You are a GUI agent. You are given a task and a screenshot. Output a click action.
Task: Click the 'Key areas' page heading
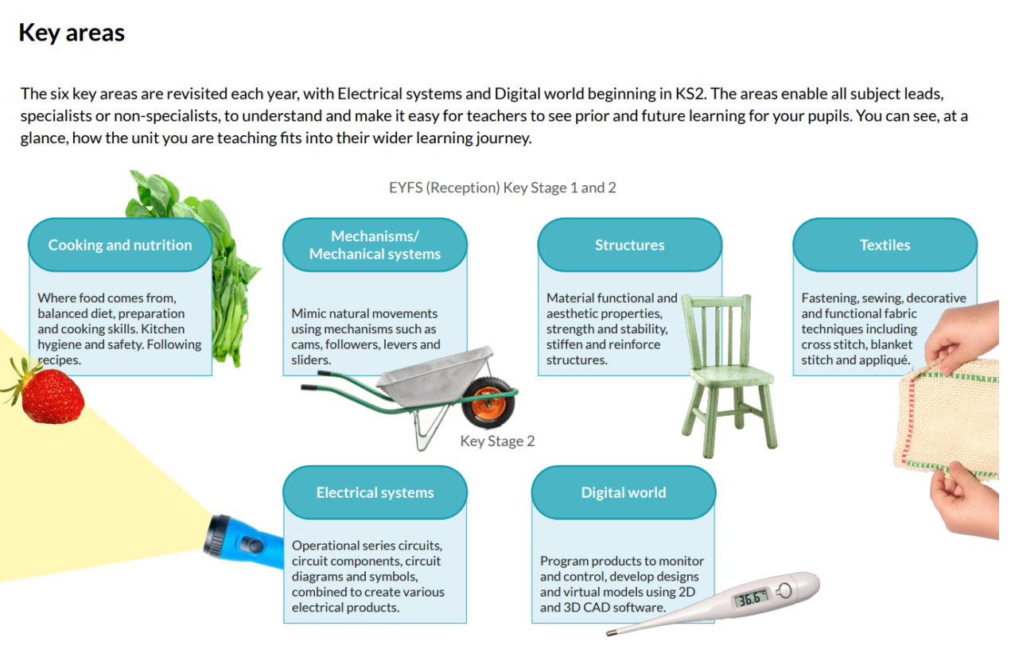point(72,33)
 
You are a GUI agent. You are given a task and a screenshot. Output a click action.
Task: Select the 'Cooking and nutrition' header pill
point(120,245)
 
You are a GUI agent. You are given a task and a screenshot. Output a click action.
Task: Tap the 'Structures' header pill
point(630,245)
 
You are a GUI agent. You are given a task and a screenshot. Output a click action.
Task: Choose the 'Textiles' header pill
point(885,245)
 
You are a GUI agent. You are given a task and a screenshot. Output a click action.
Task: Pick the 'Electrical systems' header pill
point(375,492)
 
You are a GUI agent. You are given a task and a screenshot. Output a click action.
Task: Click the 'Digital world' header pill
point(624,492)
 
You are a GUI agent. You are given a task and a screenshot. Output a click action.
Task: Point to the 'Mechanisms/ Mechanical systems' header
point(375,245)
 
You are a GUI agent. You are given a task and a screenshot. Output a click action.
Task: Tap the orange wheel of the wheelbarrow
point(489,402)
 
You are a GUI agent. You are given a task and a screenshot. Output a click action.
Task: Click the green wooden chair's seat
point(731,375)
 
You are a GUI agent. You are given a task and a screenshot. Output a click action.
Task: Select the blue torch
point(243,542)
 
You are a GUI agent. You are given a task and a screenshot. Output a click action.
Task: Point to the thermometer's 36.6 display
point(751,599)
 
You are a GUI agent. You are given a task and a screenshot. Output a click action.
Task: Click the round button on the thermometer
point(785,591)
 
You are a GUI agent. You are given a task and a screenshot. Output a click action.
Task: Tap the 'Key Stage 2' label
point(497,441)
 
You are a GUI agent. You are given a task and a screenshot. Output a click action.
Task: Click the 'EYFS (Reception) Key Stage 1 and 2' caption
point(503,188)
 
